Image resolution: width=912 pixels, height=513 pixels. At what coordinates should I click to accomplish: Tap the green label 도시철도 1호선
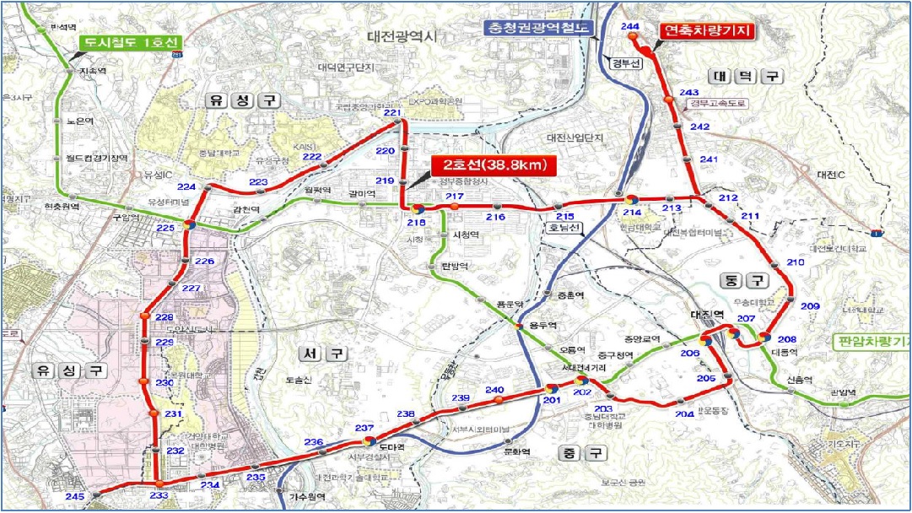(130, 42)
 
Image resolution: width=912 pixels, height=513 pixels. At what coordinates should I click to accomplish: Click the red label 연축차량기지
(706, 31)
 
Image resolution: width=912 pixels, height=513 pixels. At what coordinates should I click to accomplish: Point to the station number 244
(629, 27)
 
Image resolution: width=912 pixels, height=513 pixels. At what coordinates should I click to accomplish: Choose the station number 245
(75, 497)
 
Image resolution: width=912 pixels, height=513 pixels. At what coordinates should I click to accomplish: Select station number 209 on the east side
(810, 305)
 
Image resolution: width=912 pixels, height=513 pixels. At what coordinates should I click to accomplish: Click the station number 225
(166, 228)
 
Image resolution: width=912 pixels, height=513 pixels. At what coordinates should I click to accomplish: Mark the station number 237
(364, 429)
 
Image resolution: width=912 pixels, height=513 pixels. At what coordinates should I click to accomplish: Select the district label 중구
(581, 453)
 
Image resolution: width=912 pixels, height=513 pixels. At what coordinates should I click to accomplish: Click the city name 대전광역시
(403, 36)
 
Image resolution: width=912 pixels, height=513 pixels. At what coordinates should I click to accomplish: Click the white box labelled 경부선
(625, 63)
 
